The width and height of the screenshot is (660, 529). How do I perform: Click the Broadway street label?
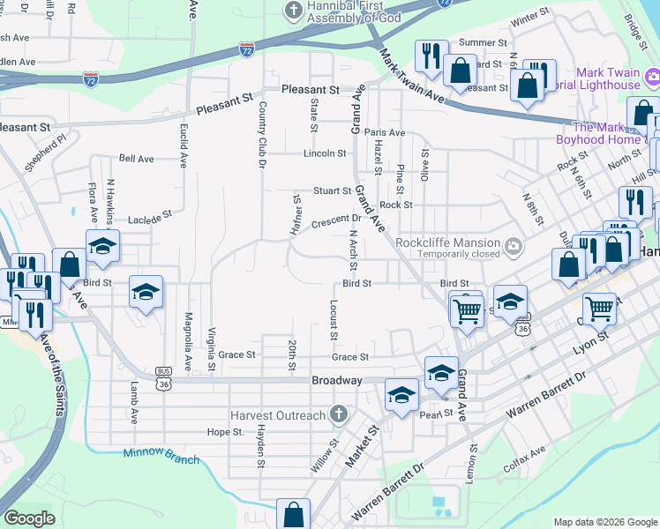(x=337, y=380)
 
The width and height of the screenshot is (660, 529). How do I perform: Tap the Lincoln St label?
(x=325, y=153)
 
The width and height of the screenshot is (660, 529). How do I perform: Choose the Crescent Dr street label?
(x=337, y=219)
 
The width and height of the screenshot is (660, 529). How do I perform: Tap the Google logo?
(x=29, y=518)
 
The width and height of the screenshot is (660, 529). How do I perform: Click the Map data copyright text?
(x=604, y=522)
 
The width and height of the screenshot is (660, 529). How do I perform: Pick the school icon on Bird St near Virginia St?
(x=146, y=292)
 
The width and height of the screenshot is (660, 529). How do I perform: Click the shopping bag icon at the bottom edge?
(x=293, y=514)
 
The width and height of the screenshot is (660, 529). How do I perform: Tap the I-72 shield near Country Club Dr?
(x=247, y=48)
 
